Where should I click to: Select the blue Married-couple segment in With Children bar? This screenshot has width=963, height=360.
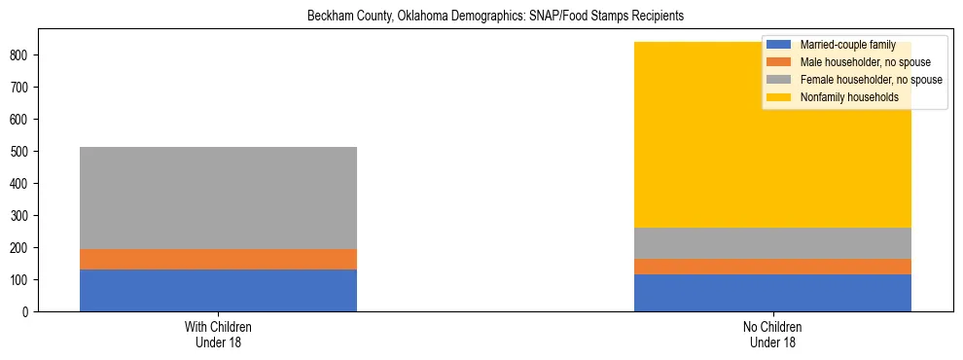pyautogui.click(x=218, y=290)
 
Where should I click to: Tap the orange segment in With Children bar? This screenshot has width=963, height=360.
pyautogui.click(x=218, y=259)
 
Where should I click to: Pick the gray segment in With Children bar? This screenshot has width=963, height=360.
pyautogui.click(x=218, y=198)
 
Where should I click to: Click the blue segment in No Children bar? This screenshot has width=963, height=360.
pyautogui.click(x=772, y=293)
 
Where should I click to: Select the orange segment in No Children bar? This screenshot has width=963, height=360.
pyautogui.click(x=772, y=267)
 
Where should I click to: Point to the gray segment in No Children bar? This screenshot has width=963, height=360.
pyautogui.click(x=772, y=243)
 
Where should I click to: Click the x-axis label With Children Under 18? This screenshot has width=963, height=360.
pyautogui.click(x=218, y=335)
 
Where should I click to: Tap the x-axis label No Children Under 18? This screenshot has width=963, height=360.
pyautogui.click(x=772, y=335)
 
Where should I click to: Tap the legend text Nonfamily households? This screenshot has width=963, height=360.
pyautogui.click(x=849, y=97)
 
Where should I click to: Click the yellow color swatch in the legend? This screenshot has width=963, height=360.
pyautogui.click(x=780, y=97)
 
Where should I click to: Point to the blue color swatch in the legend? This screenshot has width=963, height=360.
pyautogui.click(x=780, y=45)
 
